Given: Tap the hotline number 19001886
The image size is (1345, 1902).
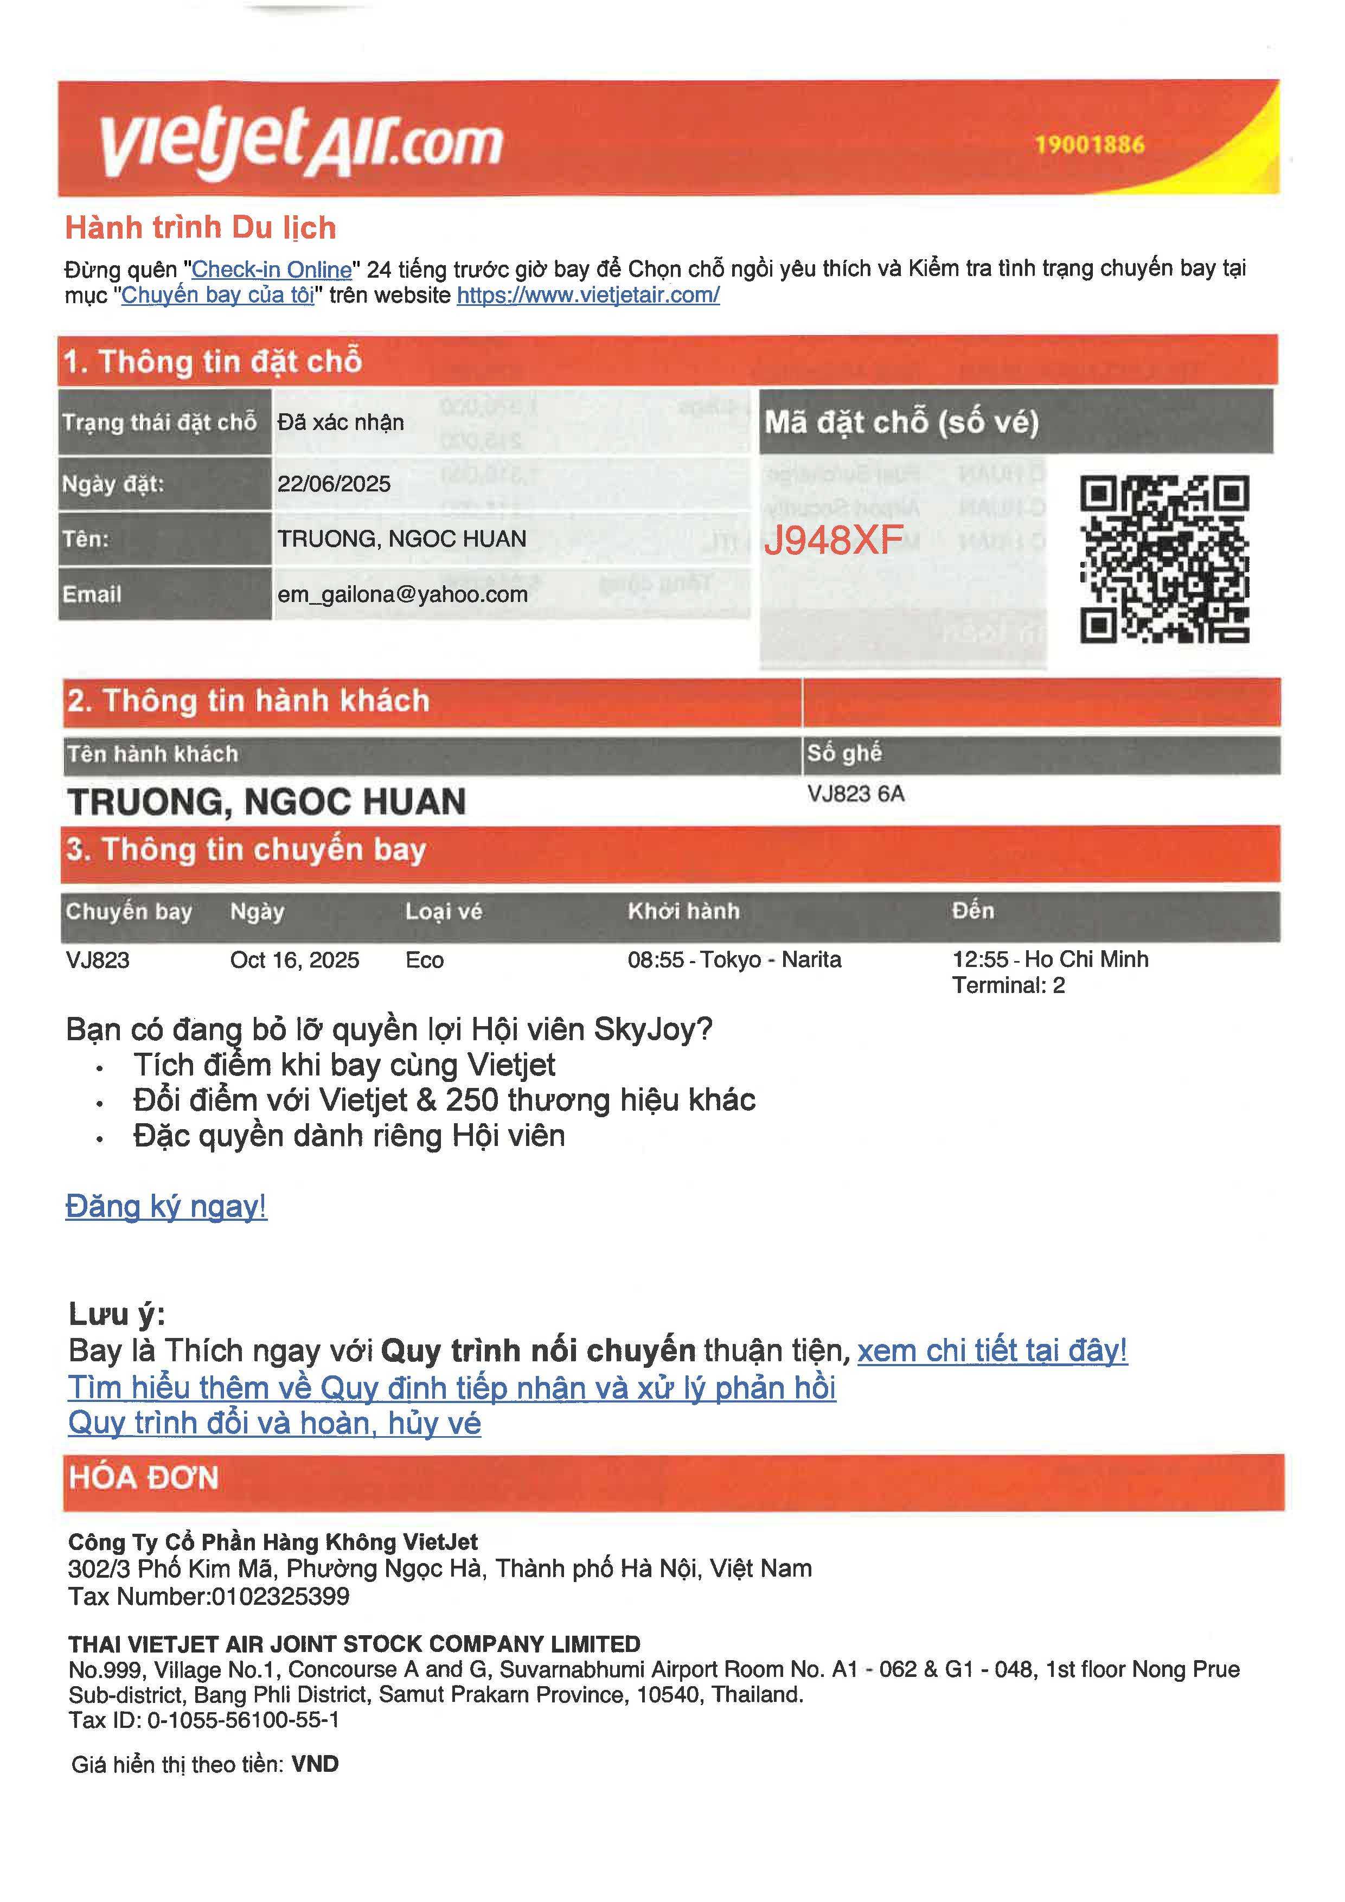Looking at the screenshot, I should click(1089, 145).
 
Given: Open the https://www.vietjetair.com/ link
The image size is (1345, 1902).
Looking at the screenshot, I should click(588, 295).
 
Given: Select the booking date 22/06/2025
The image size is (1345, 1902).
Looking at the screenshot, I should click(334, 484).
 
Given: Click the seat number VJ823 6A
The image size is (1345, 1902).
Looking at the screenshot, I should click(855, 793).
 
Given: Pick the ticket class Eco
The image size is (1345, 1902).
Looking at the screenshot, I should click(424, 960).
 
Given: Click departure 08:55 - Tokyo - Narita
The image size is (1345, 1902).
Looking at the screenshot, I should click(734, 959).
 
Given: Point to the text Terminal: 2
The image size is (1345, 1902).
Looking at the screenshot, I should click(1008, 985).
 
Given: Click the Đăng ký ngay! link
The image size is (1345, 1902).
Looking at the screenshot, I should click(165, 1206).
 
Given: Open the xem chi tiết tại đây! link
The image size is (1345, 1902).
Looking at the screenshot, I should click(991, 1350).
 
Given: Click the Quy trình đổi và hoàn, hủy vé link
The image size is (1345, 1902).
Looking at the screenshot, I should click(274, 1423).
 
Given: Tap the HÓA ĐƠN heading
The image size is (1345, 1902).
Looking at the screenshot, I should click(143, 1478).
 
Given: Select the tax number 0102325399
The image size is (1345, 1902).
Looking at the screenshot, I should click(280, 1596).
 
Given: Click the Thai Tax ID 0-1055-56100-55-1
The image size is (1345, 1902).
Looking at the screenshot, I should click(242, 1720).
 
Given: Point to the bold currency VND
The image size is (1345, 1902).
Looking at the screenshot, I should click(315, 1764).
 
